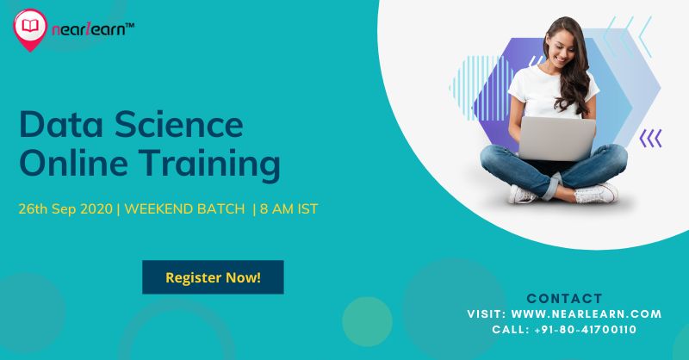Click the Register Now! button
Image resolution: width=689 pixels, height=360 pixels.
click(x=213, y=277)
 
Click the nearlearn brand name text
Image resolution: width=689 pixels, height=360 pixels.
click(x=89, y=29)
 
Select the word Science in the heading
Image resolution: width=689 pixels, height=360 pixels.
click(x=179, y=125)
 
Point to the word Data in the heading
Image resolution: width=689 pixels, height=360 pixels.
click(x=60, y=125)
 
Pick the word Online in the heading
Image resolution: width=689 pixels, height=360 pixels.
click(x=75, y=162)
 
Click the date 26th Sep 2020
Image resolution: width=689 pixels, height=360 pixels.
click(x=65, y=208)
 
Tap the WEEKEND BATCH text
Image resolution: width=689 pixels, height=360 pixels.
click(x=184, y=208)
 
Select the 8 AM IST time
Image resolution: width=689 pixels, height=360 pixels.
click(x=289, y=208)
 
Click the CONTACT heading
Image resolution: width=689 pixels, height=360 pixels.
click(x=564, y=299)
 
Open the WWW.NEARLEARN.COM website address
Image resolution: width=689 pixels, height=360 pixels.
click(x=587, y=313)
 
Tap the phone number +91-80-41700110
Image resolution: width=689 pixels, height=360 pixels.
click(x=586, y=329)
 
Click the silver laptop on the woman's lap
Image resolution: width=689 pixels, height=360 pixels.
click(x=557, y=138)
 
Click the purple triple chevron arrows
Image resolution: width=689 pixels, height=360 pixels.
click(x=650, y=139)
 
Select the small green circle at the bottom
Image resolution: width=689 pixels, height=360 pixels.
click(x=367, y=322)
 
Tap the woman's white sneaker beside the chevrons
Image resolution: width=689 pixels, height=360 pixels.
click(x=596, y=193)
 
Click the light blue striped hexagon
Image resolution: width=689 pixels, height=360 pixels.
click(x=481, y=88)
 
